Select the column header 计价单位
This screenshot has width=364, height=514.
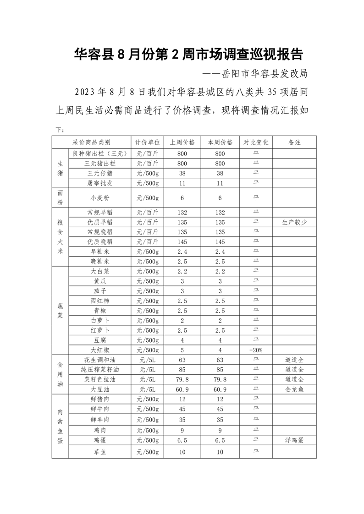coord(147,142)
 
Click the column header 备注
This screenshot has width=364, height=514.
coord(294,142)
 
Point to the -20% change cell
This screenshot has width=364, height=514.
coord(255,350)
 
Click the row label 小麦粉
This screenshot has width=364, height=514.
coord(100,197)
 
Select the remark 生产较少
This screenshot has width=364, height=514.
coord(294,222)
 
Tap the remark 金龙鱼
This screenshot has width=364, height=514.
coord(294,389)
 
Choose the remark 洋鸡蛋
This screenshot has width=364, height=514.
coord(294,440)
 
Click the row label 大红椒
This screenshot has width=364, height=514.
coord(100,350)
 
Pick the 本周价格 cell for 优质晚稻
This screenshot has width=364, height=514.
coord(220,241)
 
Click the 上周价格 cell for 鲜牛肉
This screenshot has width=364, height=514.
coord(182,409)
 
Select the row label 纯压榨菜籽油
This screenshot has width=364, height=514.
coord(100,369)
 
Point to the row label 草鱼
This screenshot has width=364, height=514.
coord(100,452)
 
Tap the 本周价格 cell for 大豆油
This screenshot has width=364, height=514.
coord(220,389)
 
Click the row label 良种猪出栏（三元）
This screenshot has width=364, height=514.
coord(100,153)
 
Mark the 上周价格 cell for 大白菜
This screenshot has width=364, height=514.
coord(182,271)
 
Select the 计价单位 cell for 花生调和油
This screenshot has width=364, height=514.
coord(147,360)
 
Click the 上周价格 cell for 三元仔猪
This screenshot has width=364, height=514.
coord(182,174)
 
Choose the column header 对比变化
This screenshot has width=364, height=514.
coord(255,142)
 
